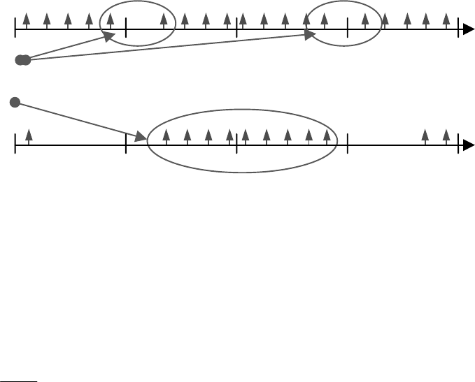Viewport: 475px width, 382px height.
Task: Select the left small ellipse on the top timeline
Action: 137,24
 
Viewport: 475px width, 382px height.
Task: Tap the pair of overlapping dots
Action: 23,61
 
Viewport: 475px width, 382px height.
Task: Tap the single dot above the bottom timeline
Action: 14,103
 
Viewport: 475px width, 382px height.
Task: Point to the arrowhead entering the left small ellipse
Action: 110,36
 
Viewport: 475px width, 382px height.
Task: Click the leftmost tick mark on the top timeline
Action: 15,29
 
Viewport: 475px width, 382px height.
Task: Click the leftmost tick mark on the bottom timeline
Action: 15,145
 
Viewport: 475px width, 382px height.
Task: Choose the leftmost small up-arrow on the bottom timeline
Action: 29,134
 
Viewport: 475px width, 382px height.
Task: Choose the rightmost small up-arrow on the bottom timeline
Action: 446,134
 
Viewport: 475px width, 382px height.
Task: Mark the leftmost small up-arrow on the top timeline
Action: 26,18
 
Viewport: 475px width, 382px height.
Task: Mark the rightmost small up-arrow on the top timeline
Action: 446,18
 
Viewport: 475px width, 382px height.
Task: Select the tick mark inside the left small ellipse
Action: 126,29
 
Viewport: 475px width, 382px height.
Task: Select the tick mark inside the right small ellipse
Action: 348,29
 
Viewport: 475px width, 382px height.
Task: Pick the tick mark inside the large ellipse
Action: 236,145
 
